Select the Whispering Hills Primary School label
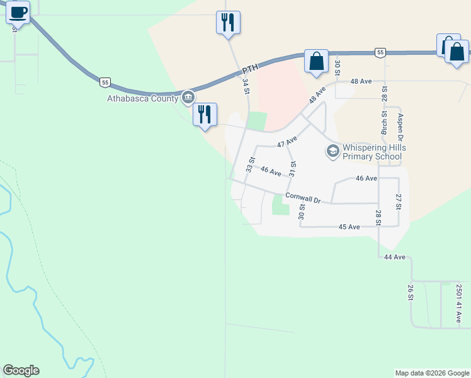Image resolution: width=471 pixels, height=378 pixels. point(373,152)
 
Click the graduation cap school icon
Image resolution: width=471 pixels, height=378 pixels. point(332,151)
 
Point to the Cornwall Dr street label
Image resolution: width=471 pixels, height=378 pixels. point(303,198)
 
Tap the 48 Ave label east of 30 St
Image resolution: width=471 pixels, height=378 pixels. point(361,81)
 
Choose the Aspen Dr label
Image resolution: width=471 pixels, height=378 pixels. point(399,127)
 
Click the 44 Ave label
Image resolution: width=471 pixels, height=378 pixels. point(394,257)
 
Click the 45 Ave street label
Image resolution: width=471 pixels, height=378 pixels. point(349,226)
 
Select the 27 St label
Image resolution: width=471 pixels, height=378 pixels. point(398,202)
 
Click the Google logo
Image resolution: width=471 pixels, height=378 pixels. point(21,370)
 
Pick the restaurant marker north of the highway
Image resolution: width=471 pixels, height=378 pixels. point(227,23)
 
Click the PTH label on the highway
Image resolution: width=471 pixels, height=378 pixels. point(251,67)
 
